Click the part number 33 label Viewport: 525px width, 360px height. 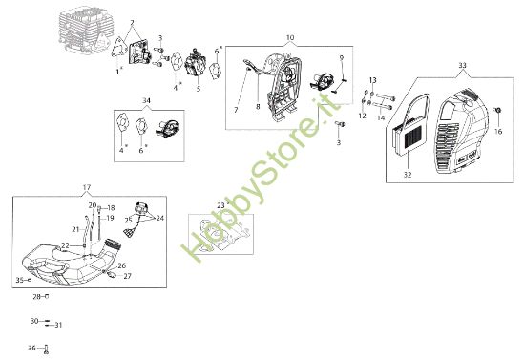coord(462,65)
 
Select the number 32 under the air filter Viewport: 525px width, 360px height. coord(408,175)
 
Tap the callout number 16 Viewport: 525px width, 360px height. coord(498,132)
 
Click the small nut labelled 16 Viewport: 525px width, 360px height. coord(497,110)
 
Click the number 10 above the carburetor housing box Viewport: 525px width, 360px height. coord(290,37)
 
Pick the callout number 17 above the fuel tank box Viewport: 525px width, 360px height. coord(87,187)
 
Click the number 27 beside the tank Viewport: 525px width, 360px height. coord(128,276)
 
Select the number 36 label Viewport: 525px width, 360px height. coord(31,348)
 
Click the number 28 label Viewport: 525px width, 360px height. coord(37,296)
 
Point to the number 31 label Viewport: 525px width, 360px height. coord(58,325)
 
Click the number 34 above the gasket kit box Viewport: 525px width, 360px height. coord(146,100)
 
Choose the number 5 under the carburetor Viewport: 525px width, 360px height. coord(199,89)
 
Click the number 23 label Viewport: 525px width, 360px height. coord(221,205)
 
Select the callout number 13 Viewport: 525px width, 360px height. coord(373,80)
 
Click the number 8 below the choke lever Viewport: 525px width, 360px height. coord(258,107)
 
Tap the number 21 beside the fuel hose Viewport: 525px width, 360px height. coord(75,229)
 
